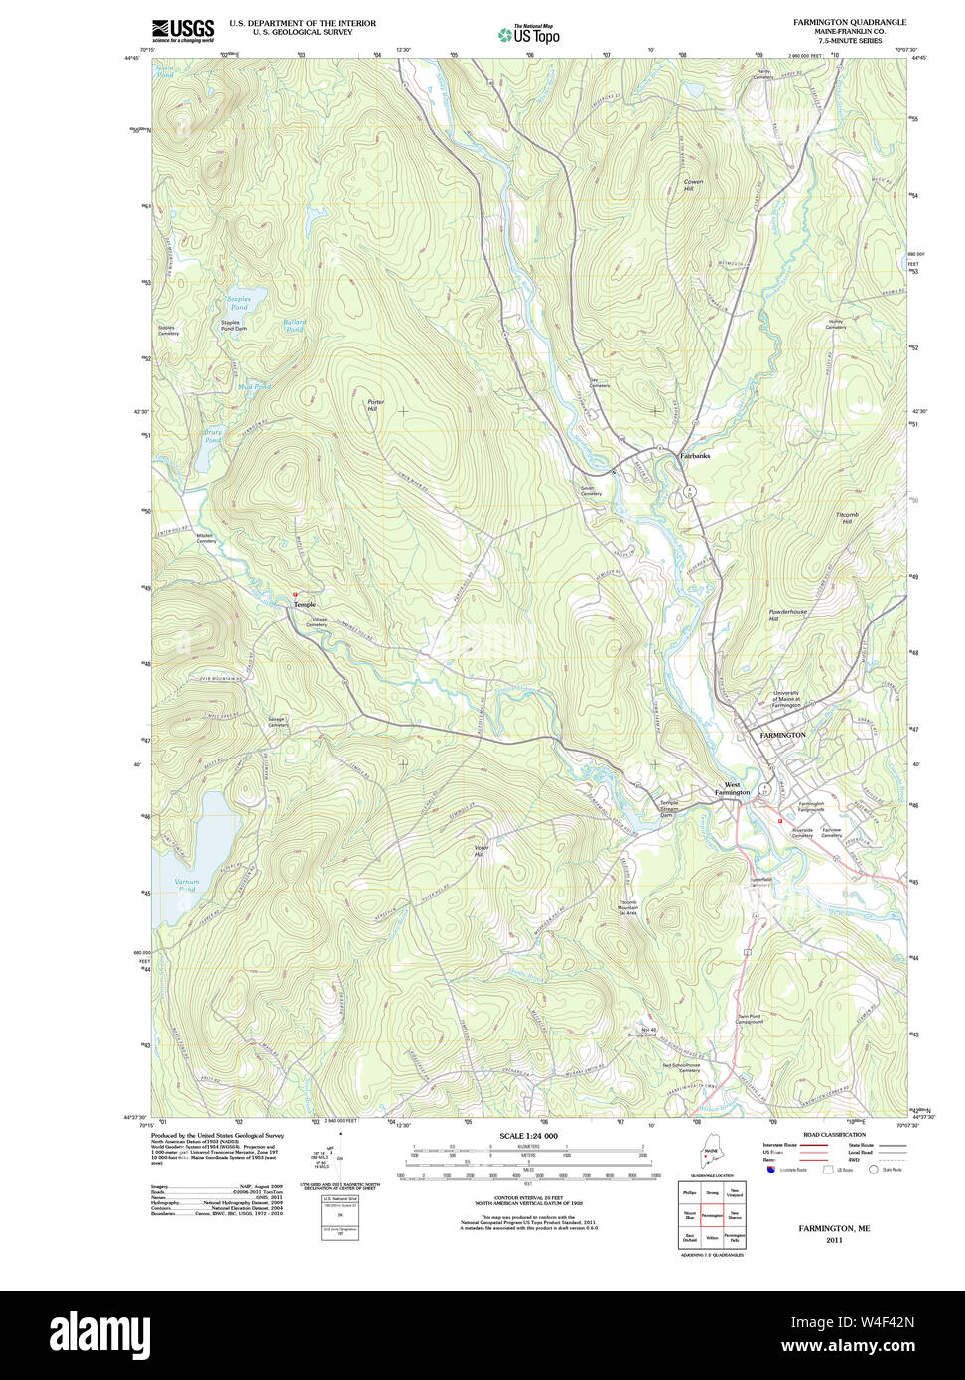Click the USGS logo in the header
point(183,30)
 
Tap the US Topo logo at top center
point(528,35)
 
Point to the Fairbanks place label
point(694,455)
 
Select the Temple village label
point(305,604)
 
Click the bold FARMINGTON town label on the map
point(782,735)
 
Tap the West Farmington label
point(732,789)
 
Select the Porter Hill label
point(372,405)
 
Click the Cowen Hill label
point(694,184)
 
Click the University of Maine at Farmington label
point(800,699)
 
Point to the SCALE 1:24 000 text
point(528,1136)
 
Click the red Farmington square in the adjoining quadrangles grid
point(712,1215)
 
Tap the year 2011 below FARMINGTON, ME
point(834,1240)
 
